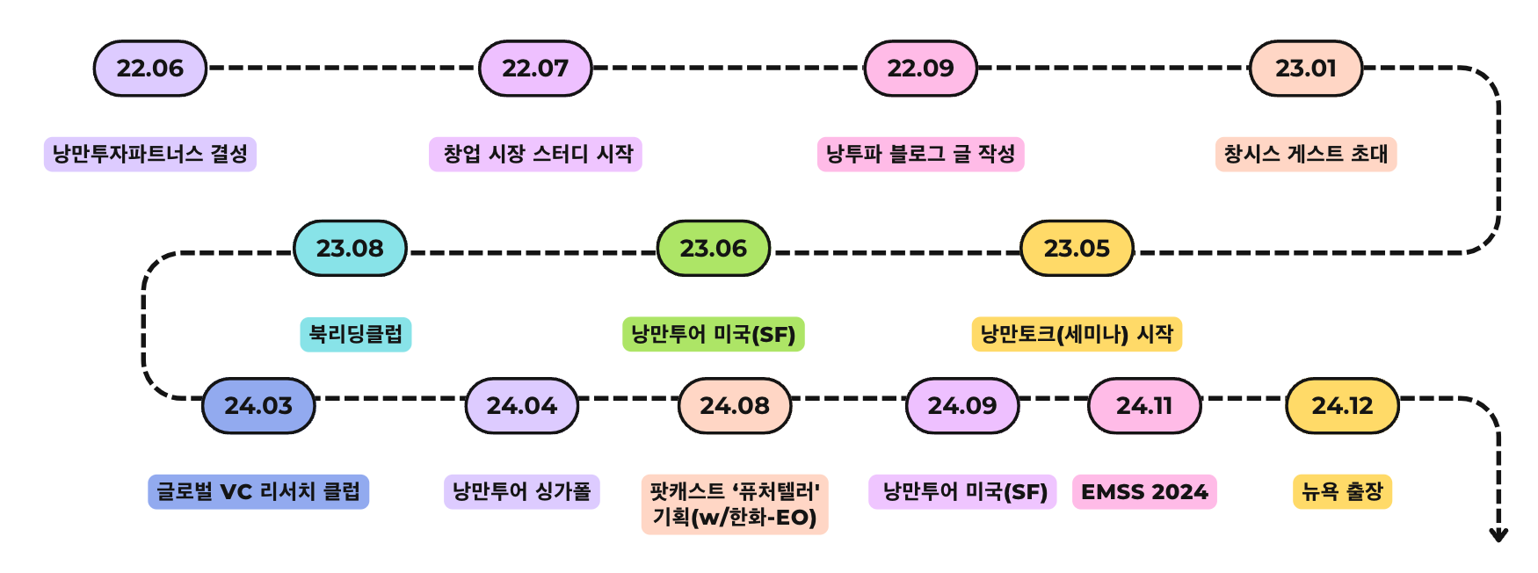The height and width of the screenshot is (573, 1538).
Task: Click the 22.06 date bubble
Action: [x=150, y=68]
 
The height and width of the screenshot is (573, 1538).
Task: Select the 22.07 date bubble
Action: [x=535, y=68]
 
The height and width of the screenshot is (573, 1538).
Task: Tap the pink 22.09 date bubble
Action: [x=920, y=68]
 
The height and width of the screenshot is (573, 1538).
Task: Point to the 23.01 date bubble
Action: [x=1305, y=68]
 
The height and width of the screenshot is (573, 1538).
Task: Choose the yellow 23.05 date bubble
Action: [x=1077, y=248]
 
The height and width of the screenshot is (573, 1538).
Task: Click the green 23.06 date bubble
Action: [x=713, y=248]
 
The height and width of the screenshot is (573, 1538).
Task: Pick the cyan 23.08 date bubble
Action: [x=350, y=248]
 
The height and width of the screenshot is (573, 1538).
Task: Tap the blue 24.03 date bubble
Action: [x=258, y=405]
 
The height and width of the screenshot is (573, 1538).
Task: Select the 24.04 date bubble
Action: [x=521, y=405]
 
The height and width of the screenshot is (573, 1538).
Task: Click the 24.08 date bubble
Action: [x=735, y=405]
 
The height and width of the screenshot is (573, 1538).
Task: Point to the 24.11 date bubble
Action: [x=1144, y=405]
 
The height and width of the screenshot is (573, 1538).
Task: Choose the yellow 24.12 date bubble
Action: [x=1342, y=405]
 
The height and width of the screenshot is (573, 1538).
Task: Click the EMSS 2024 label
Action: [x=1144, y=491]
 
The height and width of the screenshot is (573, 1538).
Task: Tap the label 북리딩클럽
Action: [x=355, y=334]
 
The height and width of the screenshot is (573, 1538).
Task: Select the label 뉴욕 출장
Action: [x=1342, y=491]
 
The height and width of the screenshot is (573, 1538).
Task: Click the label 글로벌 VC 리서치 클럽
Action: [x=258, y=491]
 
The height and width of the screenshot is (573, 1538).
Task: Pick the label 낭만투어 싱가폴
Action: [x=521, y=491]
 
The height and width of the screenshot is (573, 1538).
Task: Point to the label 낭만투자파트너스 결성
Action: [x=150, y=154]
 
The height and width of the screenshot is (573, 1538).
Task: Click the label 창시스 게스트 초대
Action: [x=1305, y=154]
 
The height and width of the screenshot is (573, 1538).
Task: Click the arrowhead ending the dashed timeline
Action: [x=1498, y=534]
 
